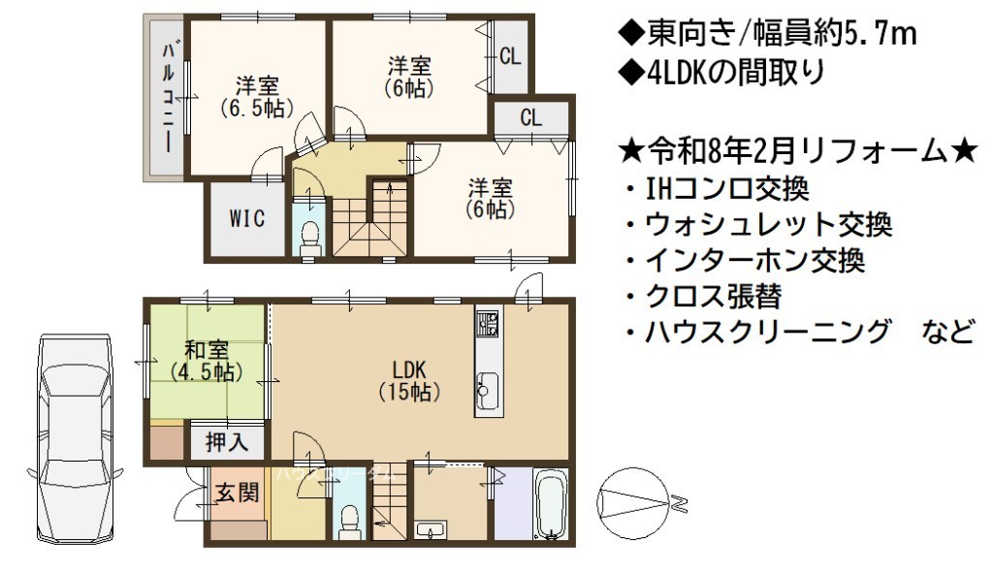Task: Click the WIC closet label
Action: [x=247, y=219]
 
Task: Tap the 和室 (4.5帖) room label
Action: [x=207, y=361]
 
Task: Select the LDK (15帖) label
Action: [x=409, y=381]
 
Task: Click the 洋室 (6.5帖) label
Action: [x=257, y=97]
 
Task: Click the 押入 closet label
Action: [x=227, y=442]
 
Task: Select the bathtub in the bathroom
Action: [x=551, y=504]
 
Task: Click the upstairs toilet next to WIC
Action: [x=310, y=238]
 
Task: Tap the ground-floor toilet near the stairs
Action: [x=348, y=523]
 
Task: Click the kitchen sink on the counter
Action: [x=489, y=391]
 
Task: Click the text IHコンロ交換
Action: [x=727, y=189]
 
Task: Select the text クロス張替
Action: [x=714, y=296]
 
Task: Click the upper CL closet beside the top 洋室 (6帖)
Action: [x=510, y=56]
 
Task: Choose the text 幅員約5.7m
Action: [x=835, y=34]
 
